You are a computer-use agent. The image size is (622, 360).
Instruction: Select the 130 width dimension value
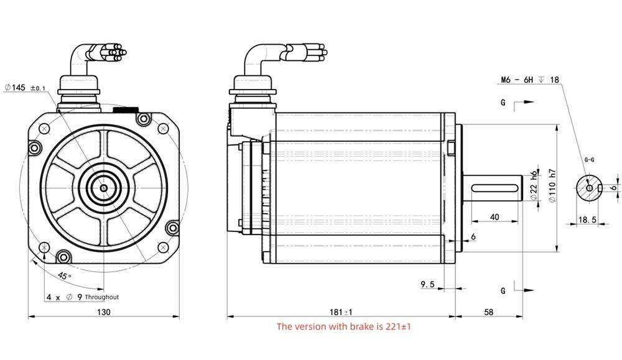click(x=103, y=312)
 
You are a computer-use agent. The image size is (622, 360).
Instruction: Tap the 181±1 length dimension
click(x=340, y=312)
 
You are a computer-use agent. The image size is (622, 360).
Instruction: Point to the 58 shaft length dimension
click(x=488, y=312)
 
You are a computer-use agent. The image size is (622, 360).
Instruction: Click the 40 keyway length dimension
click(x=495, y=217)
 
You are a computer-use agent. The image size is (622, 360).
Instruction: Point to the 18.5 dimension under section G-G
click(x=588, y=220)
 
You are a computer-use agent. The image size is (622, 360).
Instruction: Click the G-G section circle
click(x=588, y=187)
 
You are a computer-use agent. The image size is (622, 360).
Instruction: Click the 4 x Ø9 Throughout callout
click(x=83, y=297)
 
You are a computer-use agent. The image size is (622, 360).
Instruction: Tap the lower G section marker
click(x=503, y=290)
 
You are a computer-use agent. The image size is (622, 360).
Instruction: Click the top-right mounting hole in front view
click(x=163, y=129)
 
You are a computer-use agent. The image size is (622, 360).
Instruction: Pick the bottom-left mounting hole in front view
click(x=44, y=248)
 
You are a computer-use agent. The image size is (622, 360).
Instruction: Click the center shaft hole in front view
click(x=103, y=188)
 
